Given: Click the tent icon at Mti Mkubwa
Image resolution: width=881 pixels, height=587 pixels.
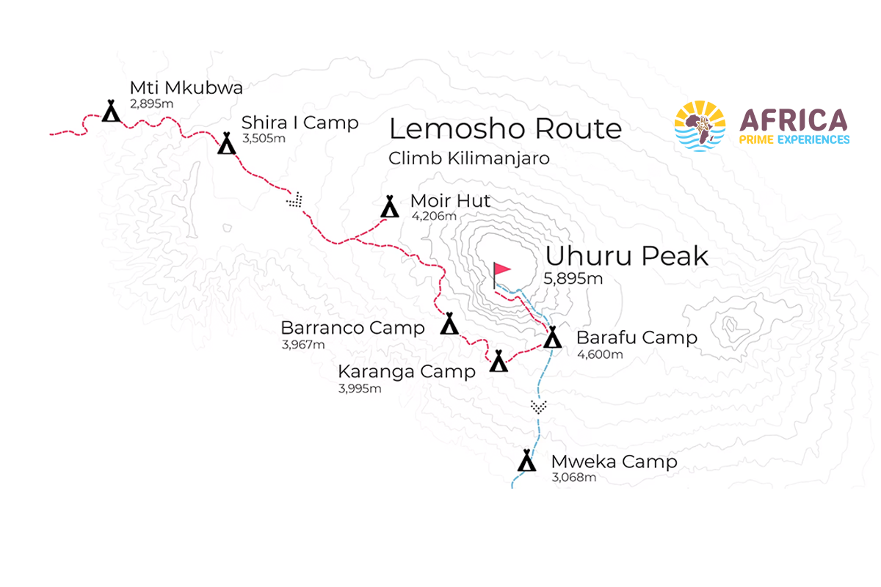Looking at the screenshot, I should tap(111, 112).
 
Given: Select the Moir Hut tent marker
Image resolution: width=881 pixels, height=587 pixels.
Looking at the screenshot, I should tap(390, 207).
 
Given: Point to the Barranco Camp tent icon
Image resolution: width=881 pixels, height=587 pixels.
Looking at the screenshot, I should tap(449, 324).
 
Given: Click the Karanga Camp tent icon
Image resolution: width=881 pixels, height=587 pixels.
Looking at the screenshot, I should tap(499, 361).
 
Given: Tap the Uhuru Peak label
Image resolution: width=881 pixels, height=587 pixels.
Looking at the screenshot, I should tap(626, 256).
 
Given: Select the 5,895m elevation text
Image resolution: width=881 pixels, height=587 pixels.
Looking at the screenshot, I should tap(573, 279).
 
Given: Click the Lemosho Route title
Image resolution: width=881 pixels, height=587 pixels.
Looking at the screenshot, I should tap(505, 129).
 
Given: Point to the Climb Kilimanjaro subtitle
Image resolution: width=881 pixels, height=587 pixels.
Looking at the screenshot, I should tap(469, 158).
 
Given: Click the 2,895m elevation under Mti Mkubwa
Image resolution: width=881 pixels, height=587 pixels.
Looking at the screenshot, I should tap(151, 103).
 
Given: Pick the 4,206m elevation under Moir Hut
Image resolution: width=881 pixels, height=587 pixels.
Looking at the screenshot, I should tap(433, 216).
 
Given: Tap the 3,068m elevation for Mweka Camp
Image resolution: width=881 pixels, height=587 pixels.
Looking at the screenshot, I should tap(573, 478).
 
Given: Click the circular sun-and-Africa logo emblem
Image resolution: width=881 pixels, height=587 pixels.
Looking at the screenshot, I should tap(700, 126).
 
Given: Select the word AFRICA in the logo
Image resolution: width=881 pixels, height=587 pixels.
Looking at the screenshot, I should tap(794, 120).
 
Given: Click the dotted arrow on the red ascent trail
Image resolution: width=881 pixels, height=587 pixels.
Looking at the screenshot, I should tap(295, 200).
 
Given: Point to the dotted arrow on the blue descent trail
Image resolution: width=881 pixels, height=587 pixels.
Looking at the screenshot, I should tap(539, 406).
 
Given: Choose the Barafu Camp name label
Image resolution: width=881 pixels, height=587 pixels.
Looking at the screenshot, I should tap(637, 338).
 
